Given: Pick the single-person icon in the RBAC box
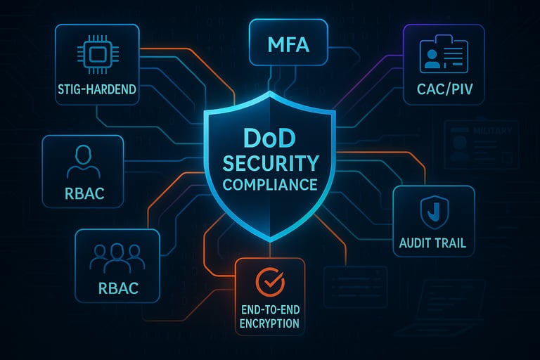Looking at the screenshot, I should click(x=83, y=162).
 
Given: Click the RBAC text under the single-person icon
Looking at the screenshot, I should click(x=83, y=193).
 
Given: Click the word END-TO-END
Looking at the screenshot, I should click(x=269, y=309).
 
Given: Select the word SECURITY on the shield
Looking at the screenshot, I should click(x=270, y=164).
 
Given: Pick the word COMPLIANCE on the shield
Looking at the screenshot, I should click(x=270, y=186).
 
